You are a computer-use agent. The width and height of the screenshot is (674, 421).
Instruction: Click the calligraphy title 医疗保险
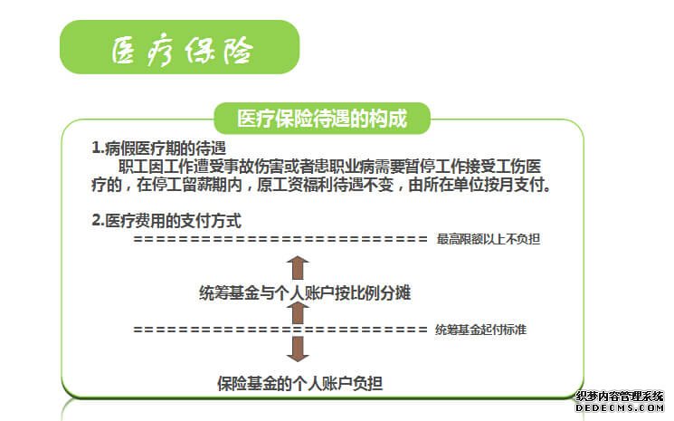182,51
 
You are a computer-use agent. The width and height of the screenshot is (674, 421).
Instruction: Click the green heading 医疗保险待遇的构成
322,119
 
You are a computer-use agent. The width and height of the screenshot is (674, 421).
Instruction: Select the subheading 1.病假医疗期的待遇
158,148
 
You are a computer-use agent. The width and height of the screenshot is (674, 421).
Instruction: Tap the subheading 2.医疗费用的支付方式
166,221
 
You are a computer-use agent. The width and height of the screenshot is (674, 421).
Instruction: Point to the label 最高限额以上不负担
489,239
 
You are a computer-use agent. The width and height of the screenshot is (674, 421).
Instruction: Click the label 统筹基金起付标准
480,330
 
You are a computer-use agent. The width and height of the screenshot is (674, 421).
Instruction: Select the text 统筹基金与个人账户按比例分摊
305,292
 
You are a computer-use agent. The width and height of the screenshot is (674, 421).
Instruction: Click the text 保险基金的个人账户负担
299,384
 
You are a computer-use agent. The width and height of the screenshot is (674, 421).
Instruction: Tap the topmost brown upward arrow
298,267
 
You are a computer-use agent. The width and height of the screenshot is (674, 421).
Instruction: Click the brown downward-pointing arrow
298,349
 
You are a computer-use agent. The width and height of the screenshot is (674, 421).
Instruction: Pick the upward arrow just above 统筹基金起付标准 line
298,313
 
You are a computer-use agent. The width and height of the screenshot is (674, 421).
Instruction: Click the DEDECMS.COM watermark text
620,407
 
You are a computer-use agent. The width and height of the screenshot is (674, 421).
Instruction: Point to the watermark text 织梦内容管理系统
620,396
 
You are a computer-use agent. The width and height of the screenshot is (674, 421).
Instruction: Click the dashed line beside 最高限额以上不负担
280,239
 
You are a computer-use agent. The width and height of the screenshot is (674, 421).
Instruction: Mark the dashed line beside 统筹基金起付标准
280,330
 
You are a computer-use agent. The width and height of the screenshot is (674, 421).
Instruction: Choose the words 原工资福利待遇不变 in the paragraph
325,185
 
